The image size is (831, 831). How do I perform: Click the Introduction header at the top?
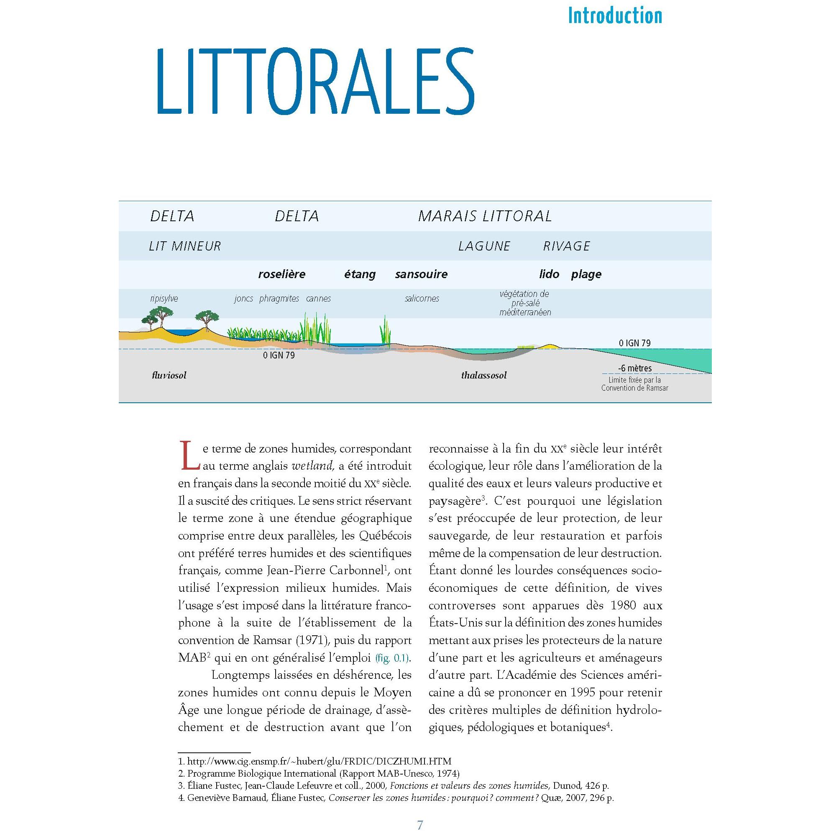[x=615, y=16]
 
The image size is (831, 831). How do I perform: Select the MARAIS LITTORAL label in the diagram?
[x=485, y=216]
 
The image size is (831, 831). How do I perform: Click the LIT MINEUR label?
[x=184, y=246]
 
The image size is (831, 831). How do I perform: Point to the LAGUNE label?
[x=484, y=246]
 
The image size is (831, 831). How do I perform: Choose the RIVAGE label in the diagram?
[x=566, y=246]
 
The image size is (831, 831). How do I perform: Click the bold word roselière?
[x=282, y=274]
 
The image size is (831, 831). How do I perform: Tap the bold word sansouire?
[x=421, y=274]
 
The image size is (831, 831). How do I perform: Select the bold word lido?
[x=549, y=274]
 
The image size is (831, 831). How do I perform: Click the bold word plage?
[x=586, y=274]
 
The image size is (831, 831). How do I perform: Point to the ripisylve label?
[x=164, y=298]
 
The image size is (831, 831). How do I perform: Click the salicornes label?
[x=422, y=298]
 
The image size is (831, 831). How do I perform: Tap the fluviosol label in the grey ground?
[x=169, y=375]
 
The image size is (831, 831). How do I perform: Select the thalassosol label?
[x=483, y=375]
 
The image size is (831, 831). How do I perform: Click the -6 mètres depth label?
[x=634, y=368]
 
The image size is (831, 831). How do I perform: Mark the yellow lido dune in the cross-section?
[x=547, y=346]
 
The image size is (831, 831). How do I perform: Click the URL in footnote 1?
[x=319, y=761]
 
